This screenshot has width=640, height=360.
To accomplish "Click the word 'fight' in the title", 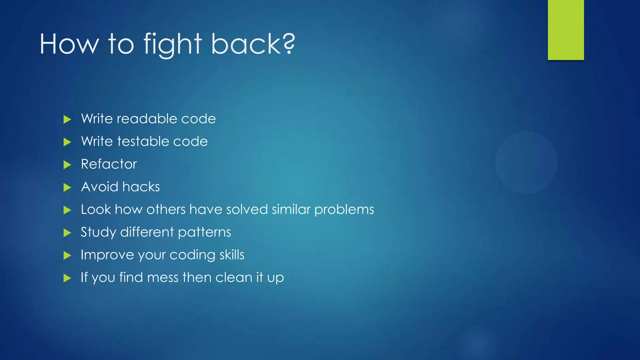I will click(x=172, y=44).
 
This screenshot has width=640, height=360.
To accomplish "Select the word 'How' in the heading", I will click(x=69, y=44).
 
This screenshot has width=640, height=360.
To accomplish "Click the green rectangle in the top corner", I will click(x=566, y=30).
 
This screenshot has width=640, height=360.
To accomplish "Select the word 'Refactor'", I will click(x=109, y=164).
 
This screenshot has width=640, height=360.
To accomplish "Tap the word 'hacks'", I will click(x=141, y=187).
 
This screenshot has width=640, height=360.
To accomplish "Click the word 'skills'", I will click(x=232, y=255).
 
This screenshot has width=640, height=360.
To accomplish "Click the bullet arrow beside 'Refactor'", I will click(x=67, y=165).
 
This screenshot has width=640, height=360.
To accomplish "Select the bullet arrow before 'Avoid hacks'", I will click(x=67, y=187).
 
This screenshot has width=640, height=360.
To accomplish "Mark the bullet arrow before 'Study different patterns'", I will click(x=67, y=233).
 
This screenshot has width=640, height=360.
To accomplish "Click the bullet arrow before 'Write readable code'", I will click(x=67, y=119).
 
